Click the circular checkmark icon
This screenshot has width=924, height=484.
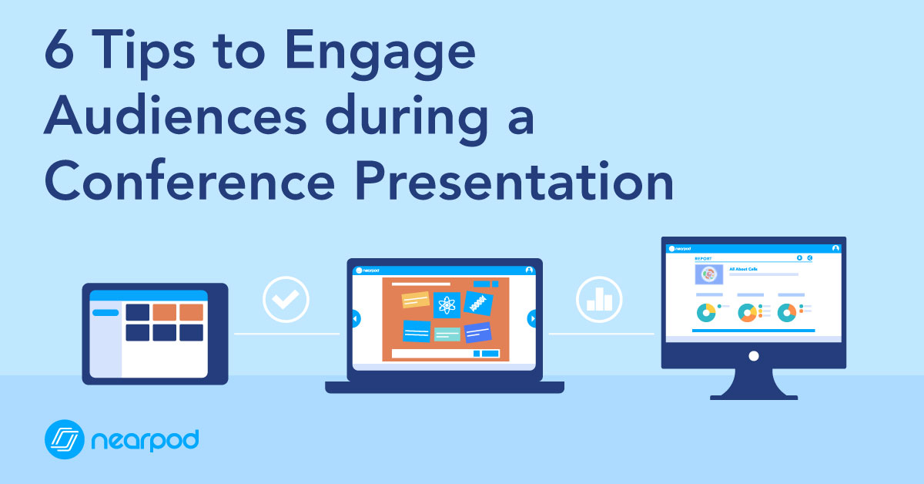tap(286, 299)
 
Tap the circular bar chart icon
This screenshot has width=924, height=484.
tap(598, 299)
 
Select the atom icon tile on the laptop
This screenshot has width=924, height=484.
tap(446, 305)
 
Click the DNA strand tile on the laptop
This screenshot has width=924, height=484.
tap(478, 301)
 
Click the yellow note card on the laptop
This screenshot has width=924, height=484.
tap(416, 300)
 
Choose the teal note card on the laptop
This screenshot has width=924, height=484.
tap(447, 334)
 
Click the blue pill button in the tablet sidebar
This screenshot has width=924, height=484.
tap(105, 313)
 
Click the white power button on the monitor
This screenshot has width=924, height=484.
tap(754, 355)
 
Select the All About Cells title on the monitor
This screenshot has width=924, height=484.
tap(745, 269)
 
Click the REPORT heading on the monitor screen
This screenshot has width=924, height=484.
tap(704, 258)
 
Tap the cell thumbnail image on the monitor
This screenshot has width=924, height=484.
tap(708, 274)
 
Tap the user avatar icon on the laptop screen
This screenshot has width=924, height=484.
tap(529, 271)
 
